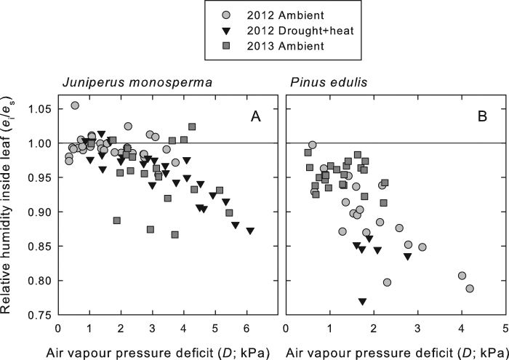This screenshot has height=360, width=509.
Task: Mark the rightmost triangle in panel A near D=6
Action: pyautogui.click(x=250, y=231)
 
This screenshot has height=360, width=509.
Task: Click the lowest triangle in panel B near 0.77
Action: pyautogui.click(x=362, y=301)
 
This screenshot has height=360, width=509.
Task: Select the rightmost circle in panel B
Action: pyautogui.click(x=470, y=289)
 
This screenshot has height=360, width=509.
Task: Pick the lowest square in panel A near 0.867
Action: pyautogui.click(x=175, y=234)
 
